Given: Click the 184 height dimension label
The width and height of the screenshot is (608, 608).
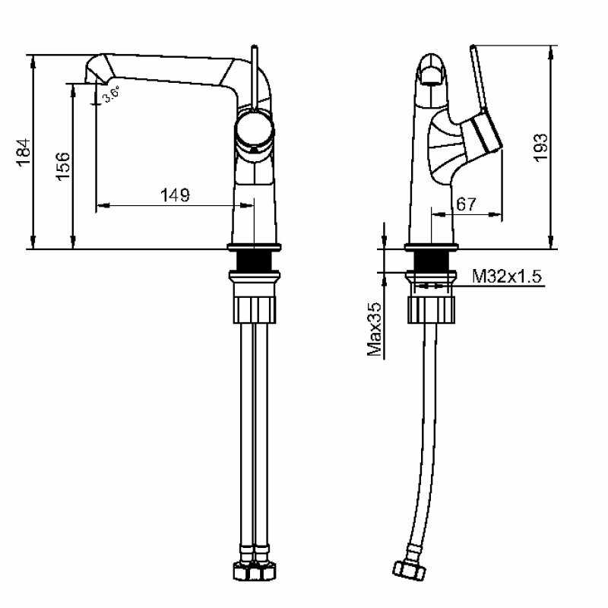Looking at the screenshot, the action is [x=24, y=152].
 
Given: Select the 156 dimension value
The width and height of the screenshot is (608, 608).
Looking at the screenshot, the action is [x=64, y=165].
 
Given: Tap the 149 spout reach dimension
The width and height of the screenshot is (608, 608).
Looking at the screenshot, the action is [x=174, y=195].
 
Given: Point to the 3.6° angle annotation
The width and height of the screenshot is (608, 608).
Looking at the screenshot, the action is [x=112, y=95].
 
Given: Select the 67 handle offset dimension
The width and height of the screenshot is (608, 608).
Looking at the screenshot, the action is [x=466, y=204].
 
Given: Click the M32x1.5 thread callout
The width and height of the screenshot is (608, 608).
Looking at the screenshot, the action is [x=507, y=277].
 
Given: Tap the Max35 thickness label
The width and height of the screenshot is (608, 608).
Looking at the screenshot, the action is [x=374, y=328].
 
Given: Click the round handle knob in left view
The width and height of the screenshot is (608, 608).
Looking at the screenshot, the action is [x=253, y=130].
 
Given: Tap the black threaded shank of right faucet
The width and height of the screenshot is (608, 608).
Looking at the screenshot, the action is [x=431, y=262].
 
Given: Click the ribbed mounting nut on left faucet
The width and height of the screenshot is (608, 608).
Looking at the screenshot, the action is [x=255, y=307].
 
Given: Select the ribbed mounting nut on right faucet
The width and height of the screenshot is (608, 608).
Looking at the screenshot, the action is [x=432, y=307].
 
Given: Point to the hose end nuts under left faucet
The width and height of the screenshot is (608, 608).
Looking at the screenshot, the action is [x=255, y=570].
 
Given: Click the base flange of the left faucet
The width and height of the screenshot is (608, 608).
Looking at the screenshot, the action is [x=255, y=247].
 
